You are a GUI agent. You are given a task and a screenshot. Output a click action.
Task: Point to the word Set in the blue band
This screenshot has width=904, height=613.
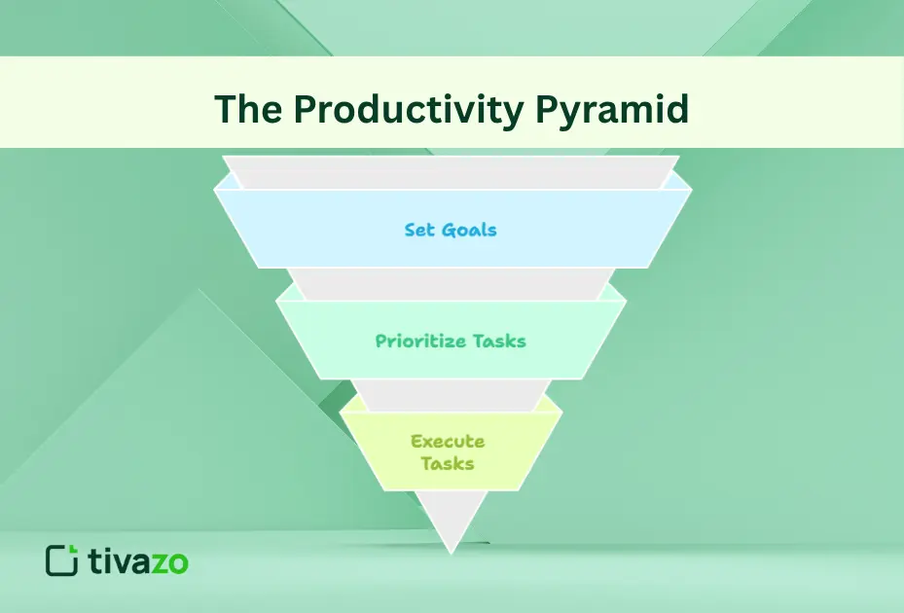pyautogui.click(x=419, y=231)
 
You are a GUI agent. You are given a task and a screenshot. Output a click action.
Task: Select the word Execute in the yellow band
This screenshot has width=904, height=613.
pyautogui.click(x=448, y=441)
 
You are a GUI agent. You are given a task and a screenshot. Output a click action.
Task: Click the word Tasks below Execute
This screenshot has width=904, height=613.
pyautogui.click(x=448, y=463)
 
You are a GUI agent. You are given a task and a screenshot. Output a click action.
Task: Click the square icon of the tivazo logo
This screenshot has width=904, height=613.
pyautogui.click(x=62, y=560)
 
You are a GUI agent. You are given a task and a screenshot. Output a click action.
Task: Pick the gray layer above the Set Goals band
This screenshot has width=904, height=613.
pyautogui.click(x=451, y=172)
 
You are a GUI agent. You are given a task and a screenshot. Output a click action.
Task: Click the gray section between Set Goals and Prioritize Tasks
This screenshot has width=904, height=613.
pyautogui.click(x=451, y=283)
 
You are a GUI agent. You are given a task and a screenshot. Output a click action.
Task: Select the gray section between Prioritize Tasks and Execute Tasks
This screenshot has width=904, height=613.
pyautogui.click(x=451, y=394)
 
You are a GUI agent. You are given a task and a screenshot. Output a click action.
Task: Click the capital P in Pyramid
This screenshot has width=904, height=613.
pyautogui.click(x=549, y=109)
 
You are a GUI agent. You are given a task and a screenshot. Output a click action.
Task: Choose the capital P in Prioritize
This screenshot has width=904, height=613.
pyautogui.click(x=381, y=342)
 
